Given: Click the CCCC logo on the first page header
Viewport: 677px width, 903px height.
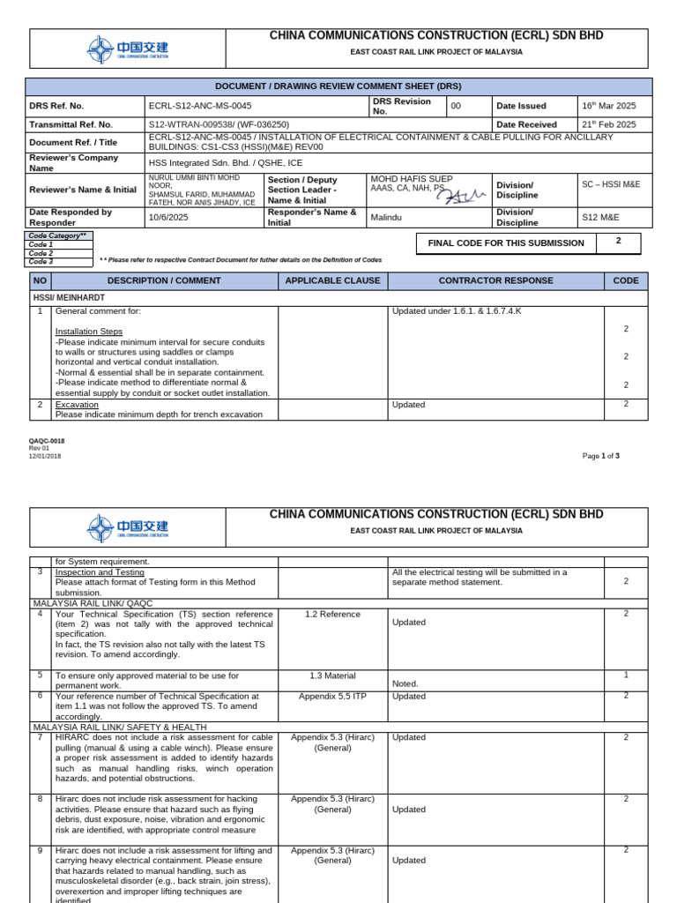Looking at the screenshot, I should click(x=128, y=49).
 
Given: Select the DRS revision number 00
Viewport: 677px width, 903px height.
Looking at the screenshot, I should click(x=456, y=106).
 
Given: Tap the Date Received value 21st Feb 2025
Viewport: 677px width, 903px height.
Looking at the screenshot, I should click(x=607, y=124).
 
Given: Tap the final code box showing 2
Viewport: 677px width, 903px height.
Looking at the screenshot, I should click(x=618, y=241).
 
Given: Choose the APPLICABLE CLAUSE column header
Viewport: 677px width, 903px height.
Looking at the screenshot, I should click(x=332, y=280).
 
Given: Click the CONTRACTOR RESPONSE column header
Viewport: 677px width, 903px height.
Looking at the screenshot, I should click(x=495, y=280).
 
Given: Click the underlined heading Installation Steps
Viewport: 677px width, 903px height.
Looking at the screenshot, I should click(x=89, y=332).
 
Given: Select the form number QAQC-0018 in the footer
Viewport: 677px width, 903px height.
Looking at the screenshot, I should click(x=47, y=441).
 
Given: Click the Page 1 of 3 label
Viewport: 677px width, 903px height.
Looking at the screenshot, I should click(x=601, y=456).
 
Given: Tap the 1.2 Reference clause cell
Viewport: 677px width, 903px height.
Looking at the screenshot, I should click(x=332, y=614).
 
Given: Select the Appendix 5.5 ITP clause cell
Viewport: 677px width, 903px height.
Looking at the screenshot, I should click(x=332, y=696).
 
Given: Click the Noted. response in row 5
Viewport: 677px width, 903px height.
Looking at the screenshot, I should click(x=405, y=683).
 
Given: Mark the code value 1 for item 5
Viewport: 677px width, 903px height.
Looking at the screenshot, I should click(x=626, y=675).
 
